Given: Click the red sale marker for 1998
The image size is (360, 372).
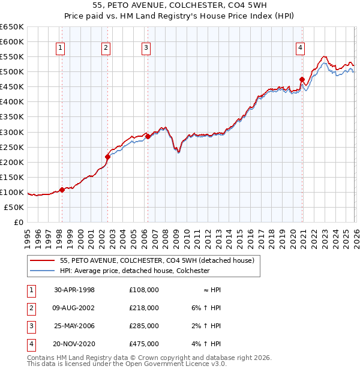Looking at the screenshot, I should point(62,190).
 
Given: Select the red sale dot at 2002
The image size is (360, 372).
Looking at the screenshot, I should point(107,157).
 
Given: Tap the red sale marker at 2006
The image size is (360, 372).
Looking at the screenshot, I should point(148,136).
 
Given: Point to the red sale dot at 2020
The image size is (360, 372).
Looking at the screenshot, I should point(302,79).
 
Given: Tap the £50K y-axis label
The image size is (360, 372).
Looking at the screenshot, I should point(14,207).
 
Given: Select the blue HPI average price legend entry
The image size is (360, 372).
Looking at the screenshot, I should point(134,271).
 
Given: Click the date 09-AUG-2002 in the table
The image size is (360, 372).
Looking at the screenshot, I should point(74,308).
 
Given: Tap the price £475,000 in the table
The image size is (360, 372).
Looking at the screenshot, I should point(144,344).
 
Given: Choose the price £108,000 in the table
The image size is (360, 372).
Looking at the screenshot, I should point(144,290).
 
